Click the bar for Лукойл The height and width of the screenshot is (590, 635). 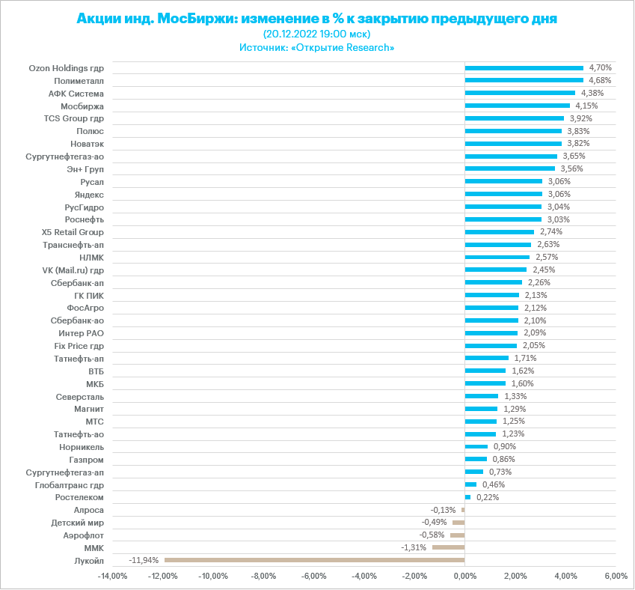coord(314,560)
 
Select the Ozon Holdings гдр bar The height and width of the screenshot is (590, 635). coord(524,68)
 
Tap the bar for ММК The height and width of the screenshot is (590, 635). coord(448,547)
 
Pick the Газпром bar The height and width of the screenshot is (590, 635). coord(476,459)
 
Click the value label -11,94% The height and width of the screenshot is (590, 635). coord(144,560)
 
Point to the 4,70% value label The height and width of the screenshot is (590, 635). coord(601,68)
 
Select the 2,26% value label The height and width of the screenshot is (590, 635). coord(539,282)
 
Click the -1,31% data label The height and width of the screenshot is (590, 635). coord(414,547)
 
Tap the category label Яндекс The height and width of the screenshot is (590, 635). coord(90,194)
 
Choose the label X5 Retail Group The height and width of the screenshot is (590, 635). coord(73,232)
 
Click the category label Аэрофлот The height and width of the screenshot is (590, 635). coord(84,535)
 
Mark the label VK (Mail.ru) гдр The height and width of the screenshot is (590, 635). coord(73,270)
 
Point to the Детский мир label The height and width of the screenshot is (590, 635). coord(78,523)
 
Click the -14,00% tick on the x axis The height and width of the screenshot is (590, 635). coord(113,577)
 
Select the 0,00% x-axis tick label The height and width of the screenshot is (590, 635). coord(464,577)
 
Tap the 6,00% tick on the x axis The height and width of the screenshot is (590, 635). coord(615,577)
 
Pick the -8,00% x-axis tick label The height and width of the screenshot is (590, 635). coord(264,577)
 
